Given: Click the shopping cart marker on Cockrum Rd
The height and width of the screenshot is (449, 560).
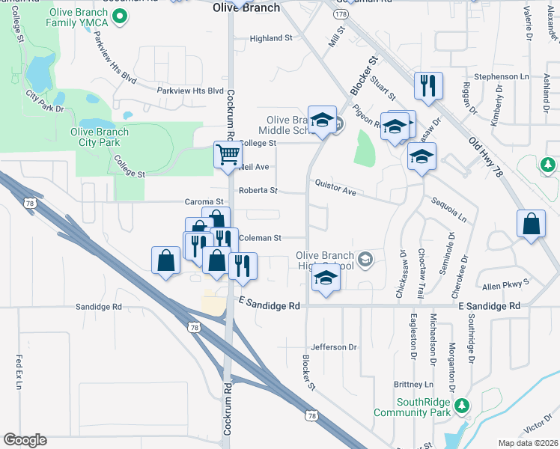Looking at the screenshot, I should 228,155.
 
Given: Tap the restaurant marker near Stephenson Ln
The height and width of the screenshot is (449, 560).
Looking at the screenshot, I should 428,85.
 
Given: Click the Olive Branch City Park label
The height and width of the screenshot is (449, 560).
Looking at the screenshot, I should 99,138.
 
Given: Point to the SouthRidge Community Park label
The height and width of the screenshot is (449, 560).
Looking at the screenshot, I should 413,407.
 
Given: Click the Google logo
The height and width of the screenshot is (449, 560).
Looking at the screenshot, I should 25,439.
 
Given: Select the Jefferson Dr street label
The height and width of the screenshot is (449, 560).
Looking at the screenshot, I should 334,347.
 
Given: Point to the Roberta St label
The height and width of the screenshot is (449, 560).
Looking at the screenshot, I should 258,191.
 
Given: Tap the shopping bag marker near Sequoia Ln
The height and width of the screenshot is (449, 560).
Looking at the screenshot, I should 531,224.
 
